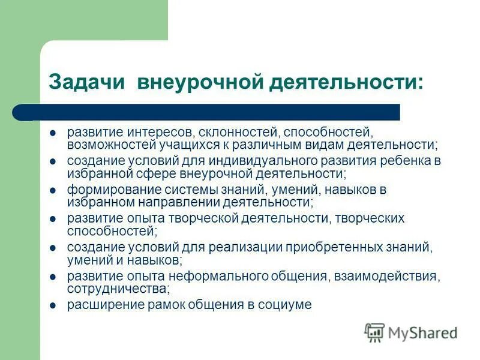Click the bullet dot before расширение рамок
coord(53,305)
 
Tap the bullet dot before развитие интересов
coord(53,132)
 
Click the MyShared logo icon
coord(374,332)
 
